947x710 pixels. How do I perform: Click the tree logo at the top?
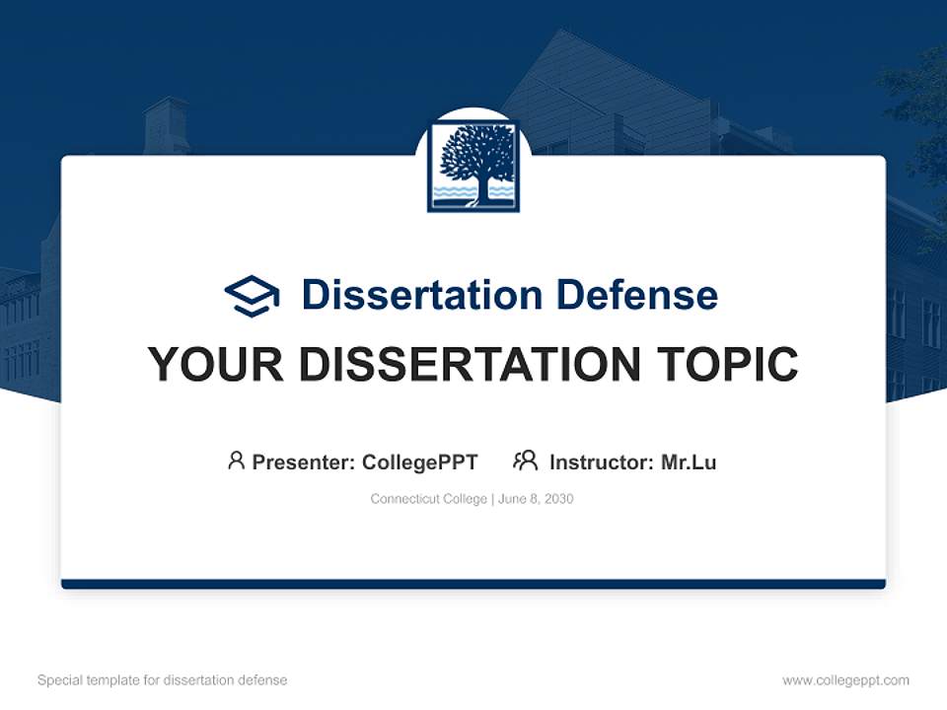pos(473,166)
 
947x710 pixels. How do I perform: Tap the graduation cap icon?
pos(252,295)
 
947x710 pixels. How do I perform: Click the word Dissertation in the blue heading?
pos(422,295)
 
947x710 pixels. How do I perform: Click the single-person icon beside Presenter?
pos(236,461)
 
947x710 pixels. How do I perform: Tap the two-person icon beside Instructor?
pos(525,461)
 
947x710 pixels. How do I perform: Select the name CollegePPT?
pos(420,461)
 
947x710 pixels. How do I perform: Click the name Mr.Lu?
pos(689,461)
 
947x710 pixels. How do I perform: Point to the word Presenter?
pos(304,461)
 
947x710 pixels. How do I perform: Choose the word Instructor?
pos(602,461)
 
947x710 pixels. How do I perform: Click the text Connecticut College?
pos(428,499)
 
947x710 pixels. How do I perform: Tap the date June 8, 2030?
pos(536,499)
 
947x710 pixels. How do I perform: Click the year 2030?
pos(557,499)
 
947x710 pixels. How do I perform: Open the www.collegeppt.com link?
pos(845,680)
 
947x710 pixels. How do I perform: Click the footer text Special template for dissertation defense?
pos(162,680)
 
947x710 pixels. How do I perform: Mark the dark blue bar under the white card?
pos(473,584)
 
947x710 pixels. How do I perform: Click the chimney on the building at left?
pos(165,124)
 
